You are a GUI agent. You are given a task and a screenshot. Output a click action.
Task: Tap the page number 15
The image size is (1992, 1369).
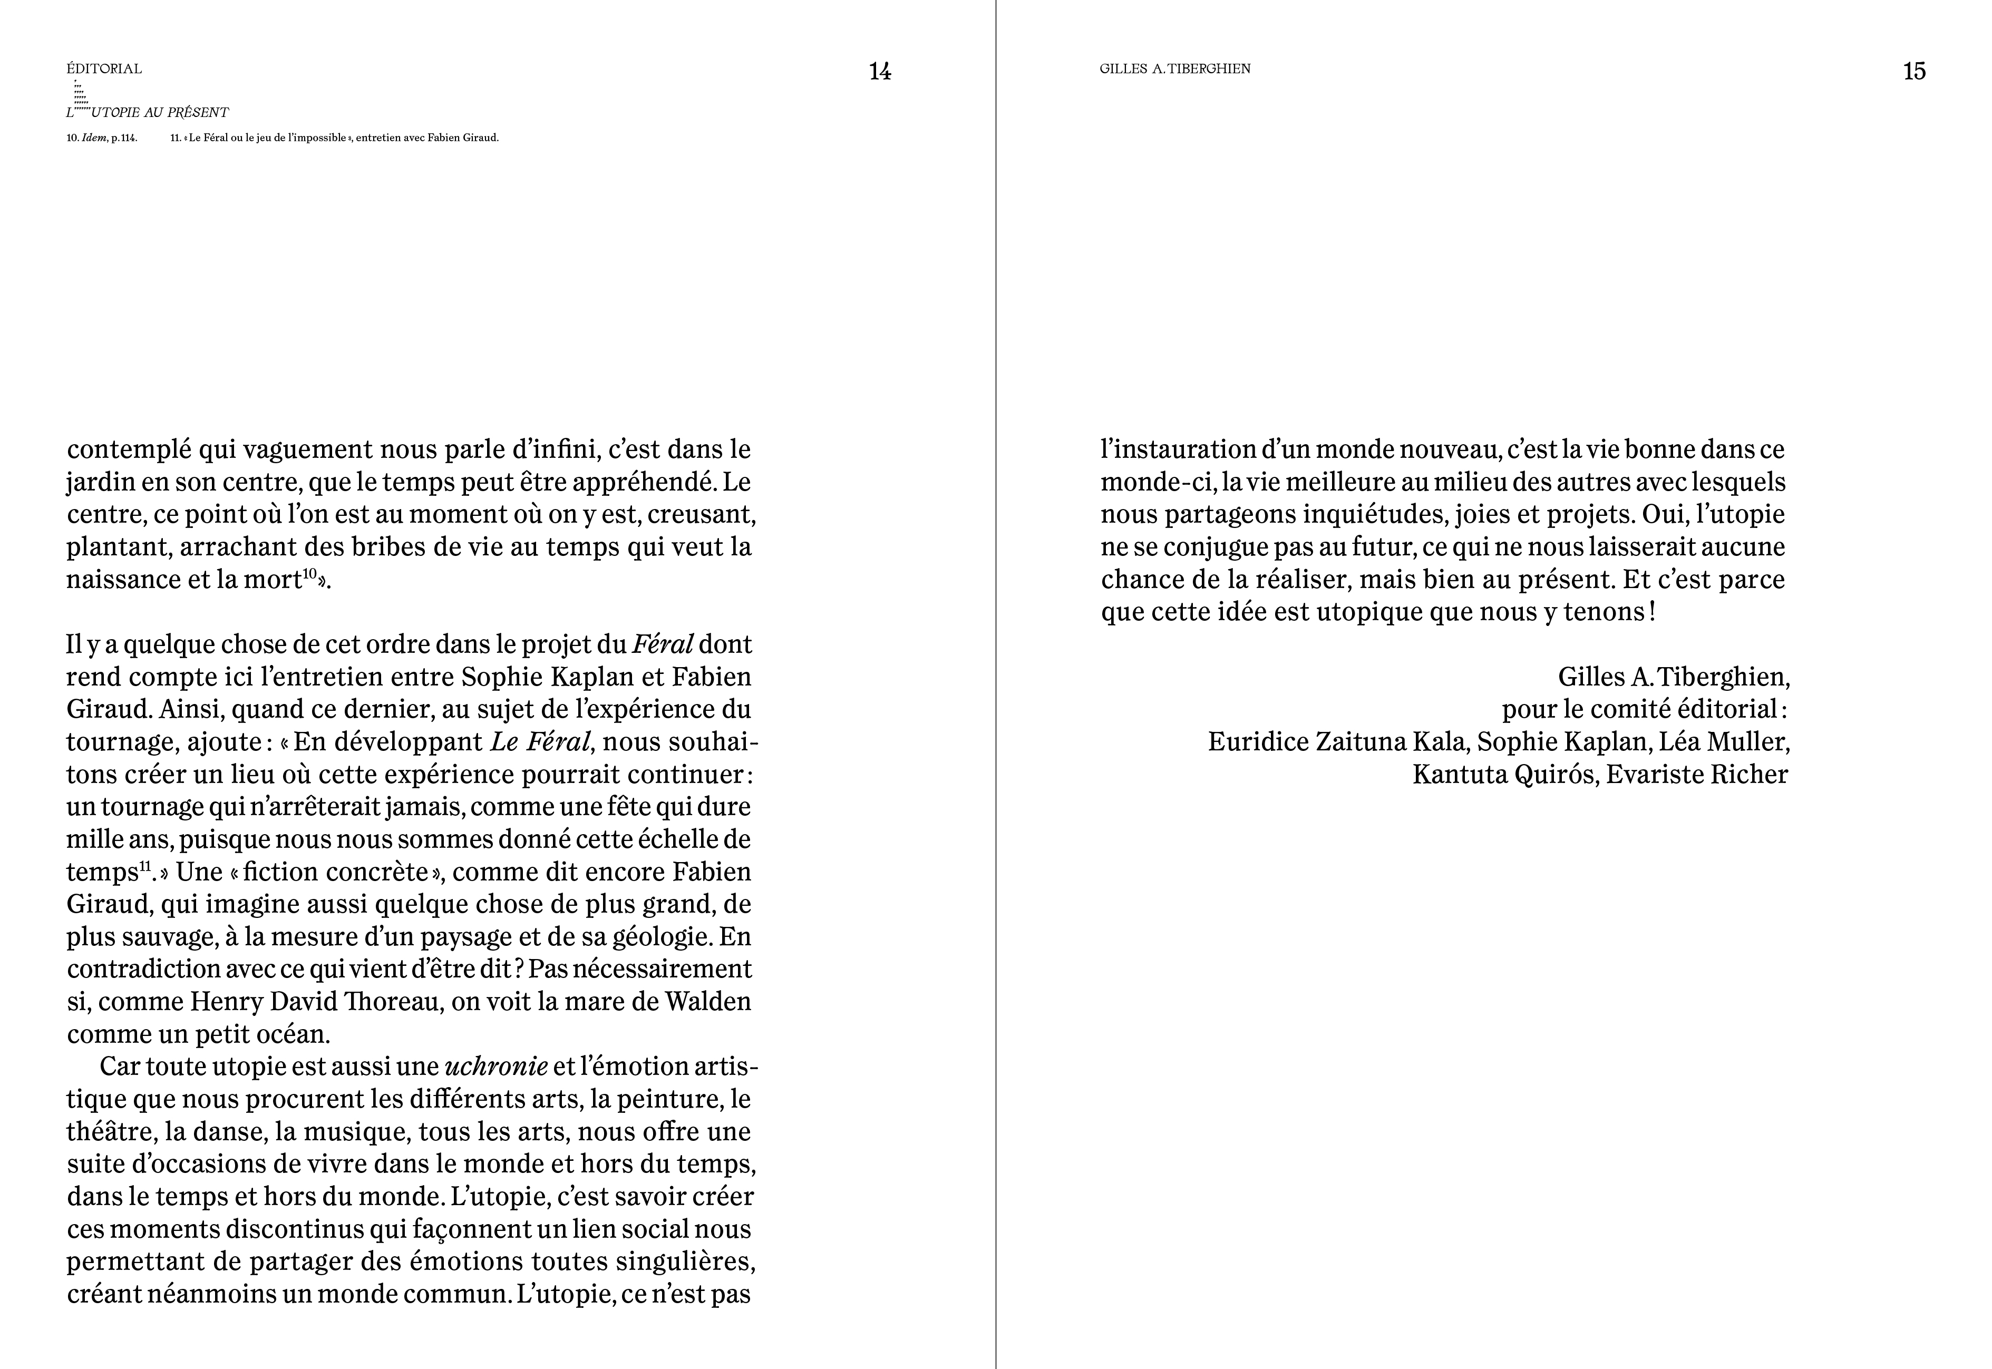coord(1914,71)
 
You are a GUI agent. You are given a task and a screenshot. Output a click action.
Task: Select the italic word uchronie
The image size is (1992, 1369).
coord(496,1066)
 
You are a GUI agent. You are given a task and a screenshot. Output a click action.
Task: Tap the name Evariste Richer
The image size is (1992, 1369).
coord(1697,775)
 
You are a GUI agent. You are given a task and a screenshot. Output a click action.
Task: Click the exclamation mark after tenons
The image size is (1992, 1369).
coord(1651,612)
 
